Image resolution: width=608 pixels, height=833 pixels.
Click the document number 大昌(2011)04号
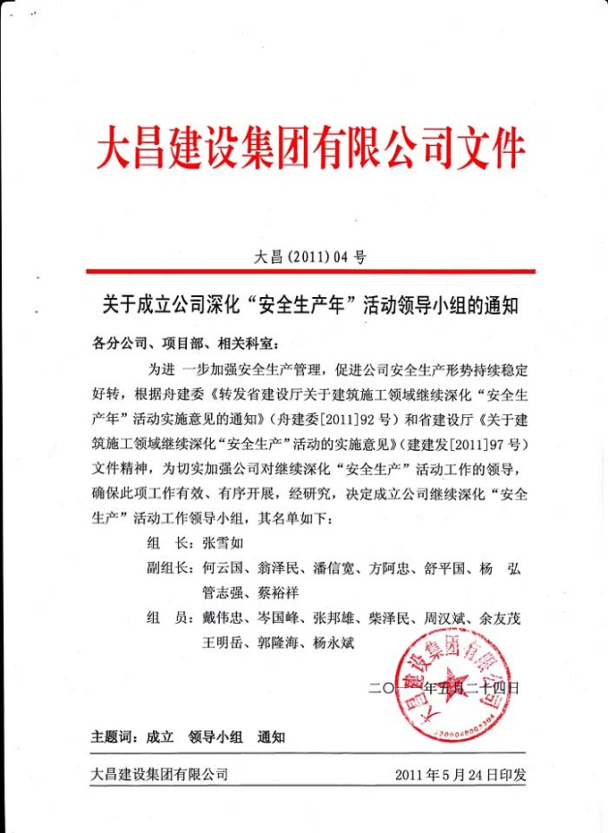(x=309, y=257)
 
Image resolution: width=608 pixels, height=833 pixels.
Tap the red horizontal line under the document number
(x=309, y=271)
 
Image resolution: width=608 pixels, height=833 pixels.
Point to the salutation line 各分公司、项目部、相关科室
(x=186, y=343)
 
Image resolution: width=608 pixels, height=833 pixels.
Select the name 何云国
(x=224, y=569)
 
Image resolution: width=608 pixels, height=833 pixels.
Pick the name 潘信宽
(x=337, y=569)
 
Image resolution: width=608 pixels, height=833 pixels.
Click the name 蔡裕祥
(x=281, y=591)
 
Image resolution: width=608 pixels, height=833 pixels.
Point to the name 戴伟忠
(x=224, y=618)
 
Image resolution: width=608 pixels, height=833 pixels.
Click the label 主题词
(x=113, y=737)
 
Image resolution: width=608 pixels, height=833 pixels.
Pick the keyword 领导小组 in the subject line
(x=215, y=737)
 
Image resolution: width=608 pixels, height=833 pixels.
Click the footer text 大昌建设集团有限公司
(x=159, y=774)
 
